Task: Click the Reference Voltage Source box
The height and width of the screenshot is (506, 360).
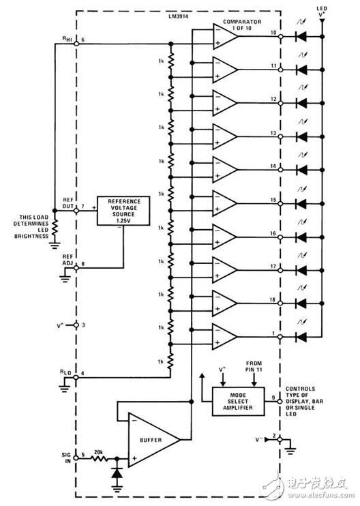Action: click(x=123, y=211)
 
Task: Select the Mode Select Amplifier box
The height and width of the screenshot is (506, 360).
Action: click(x=239, y=402)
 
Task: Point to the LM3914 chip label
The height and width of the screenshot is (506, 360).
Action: click(x=179, y=16)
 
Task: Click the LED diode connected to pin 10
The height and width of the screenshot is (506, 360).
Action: click(x=301, y=37)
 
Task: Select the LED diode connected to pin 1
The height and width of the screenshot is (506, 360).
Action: click(x=301, y=337)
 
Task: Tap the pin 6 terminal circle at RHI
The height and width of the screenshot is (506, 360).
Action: click(x=76, y=44)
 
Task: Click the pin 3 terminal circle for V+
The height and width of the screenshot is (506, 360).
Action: click(x=76, y=325)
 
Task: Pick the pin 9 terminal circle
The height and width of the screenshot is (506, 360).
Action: click(x=280, y=402)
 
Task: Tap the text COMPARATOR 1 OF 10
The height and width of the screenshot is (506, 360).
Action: click(x=242, y=25)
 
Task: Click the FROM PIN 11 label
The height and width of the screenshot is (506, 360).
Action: click(x=254, y=366)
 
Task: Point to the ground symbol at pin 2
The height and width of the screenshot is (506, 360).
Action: click(x=290, y=449)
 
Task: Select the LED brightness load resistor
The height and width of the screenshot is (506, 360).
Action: click(x=55, y=227)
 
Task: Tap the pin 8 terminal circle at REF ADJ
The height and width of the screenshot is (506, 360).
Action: click(x=76, y=268)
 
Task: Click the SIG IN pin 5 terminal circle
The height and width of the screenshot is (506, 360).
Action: click(x=76, y=458)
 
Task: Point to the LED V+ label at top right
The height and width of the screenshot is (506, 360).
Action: click(x=322, y=12)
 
